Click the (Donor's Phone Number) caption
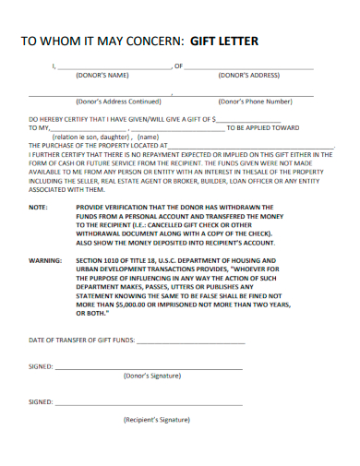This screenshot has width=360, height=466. click(x=254, y=102)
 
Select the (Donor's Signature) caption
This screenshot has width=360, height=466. click(x=151, y=376)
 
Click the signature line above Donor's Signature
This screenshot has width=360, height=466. click(x=148, y=367)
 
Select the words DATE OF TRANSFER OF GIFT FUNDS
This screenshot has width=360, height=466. click(x=80, y=341)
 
